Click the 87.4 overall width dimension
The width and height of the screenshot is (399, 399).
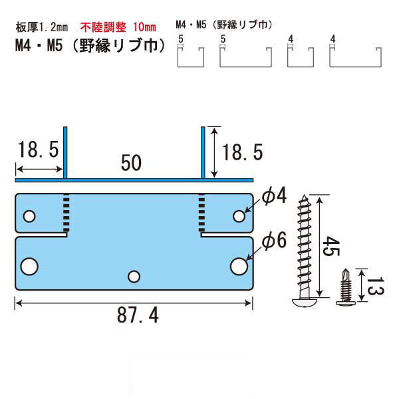pyautogui.click(x=138, y=315)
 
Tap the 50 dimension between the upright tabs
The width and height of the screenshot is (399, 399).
pyautogui.click(x=131, y=163)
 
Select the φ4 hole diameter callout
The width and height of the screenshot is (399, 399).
pyautogui.click(x=274, y=196)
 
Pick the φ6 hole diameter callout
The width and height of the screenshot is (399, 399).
pyautogui.click(x=274, y=240)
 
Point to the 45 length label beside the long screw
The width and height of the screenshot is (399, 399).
pyautogui.click(x=331, y=246)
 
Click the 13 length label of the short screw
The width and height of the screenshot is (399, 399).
pyautogui.click(x=375, y=286)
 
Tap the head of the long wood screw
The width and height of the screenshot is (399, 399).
pyautogui.click(x=305, y=302)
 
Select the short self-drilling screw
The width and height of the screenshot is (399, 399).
pyautogui.click(x=346, y=287)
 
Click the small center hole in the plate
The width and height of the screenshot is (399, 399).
pyautogui.click(x=134, y=277)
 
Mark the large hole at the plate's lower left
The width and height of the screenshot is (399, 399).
pyautogui.click(x=29, y=267)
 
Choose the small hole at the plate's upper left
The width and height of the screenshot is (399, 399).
pyautogui.click(x=29, y=216)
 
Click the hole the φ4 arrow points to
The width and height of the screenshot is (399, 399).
pyautogui.click(x=239, y=216)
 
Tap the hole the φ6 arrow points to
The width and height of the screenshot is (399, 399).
pyautogui.click(x=239, y=267)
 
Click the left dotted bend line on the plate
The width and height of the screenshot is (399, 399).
pyautogui.click(x=66, y=213)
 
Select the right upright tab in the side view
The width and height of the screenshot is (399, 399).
pyautogui.click(x=203, y=153)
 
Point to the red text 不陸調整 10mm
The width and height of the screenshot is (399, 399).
pyautogui.click(x=118, y=27)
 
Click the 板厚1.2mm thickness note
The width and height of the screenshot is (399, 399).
pyautogui.click(x=42, y=27)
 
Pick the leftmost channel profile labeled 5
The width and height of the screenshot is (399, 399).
pyautogui.click(x=191, y=57)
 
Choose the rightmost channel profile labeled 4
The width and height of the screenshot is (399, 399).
pyautogui.click(x=355, y=57)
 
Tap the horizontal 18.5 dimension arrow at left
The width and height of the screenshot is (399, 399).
pyautogui.click(x=39, y=169)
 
